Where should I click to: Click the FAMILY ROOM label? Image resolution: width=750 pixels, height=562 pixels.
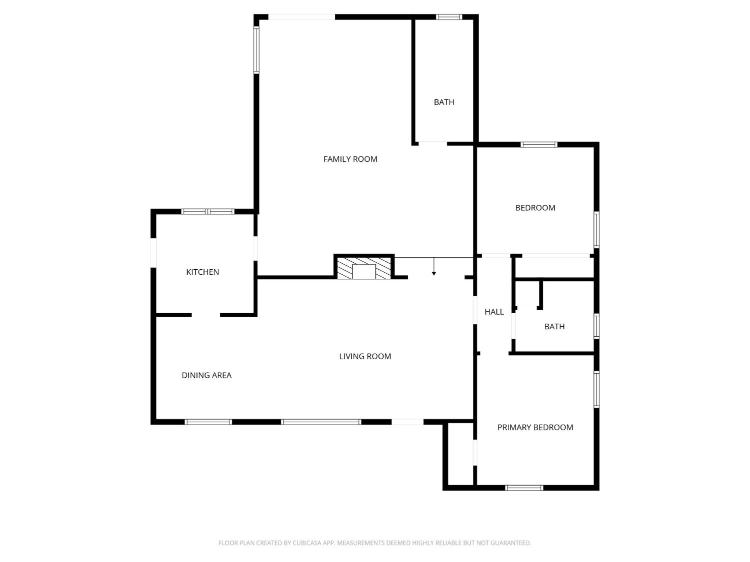pos(350,159)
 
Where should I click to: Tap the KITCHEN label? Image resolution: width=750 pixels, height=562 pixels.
pos(202,272)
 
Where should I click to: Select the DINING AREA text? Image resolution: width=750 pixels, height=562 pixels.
pos(206,375)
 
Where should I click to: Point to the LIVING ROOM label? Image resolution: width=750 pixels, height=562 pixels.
pos(365,356)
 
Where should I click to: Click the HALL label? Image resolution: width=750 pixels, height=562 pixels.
pos(494,312)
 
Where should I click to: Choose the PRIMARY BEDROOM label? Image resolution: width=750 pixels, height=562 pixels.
pos(535,427)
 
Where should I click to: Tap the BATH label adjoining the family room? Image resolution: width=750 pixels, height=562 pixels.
pos(444,102)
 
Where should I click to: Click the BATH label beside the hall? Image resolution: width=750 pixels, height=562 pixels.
pos(554,326)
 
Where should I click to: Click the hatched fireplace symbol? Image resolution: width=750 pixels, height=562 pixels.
pos(364,268)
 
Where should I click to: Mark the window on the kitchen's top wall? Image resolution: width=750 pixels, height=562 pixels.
pos(207,211)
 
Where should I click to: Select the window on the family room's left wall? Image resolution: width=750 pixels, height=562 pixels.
pos(256,50)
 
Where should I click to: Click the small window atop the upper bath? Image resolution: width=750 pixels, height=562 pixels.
pos(449,17)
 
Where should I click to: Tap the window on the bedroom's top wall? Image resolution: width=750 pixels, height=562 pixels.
pos(538,145)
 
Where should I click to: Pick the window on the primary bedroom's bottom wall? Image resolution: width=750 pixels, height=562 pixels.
pos(523,488)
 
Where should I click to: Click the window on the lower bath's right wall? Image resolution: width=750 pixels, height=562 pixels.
pos(596,326)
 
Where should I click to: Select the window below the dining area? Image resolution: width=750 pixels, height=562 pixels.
pos(208,422)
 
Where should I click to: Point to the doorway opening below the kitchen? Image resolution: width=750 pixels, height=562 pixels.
pos(206,315)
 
